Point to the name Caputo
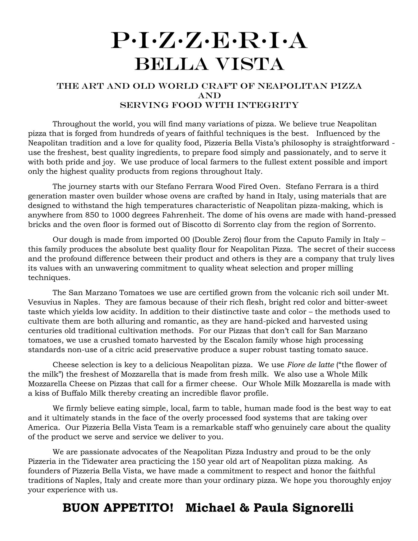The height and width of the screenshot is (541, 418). coord(311,240)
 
